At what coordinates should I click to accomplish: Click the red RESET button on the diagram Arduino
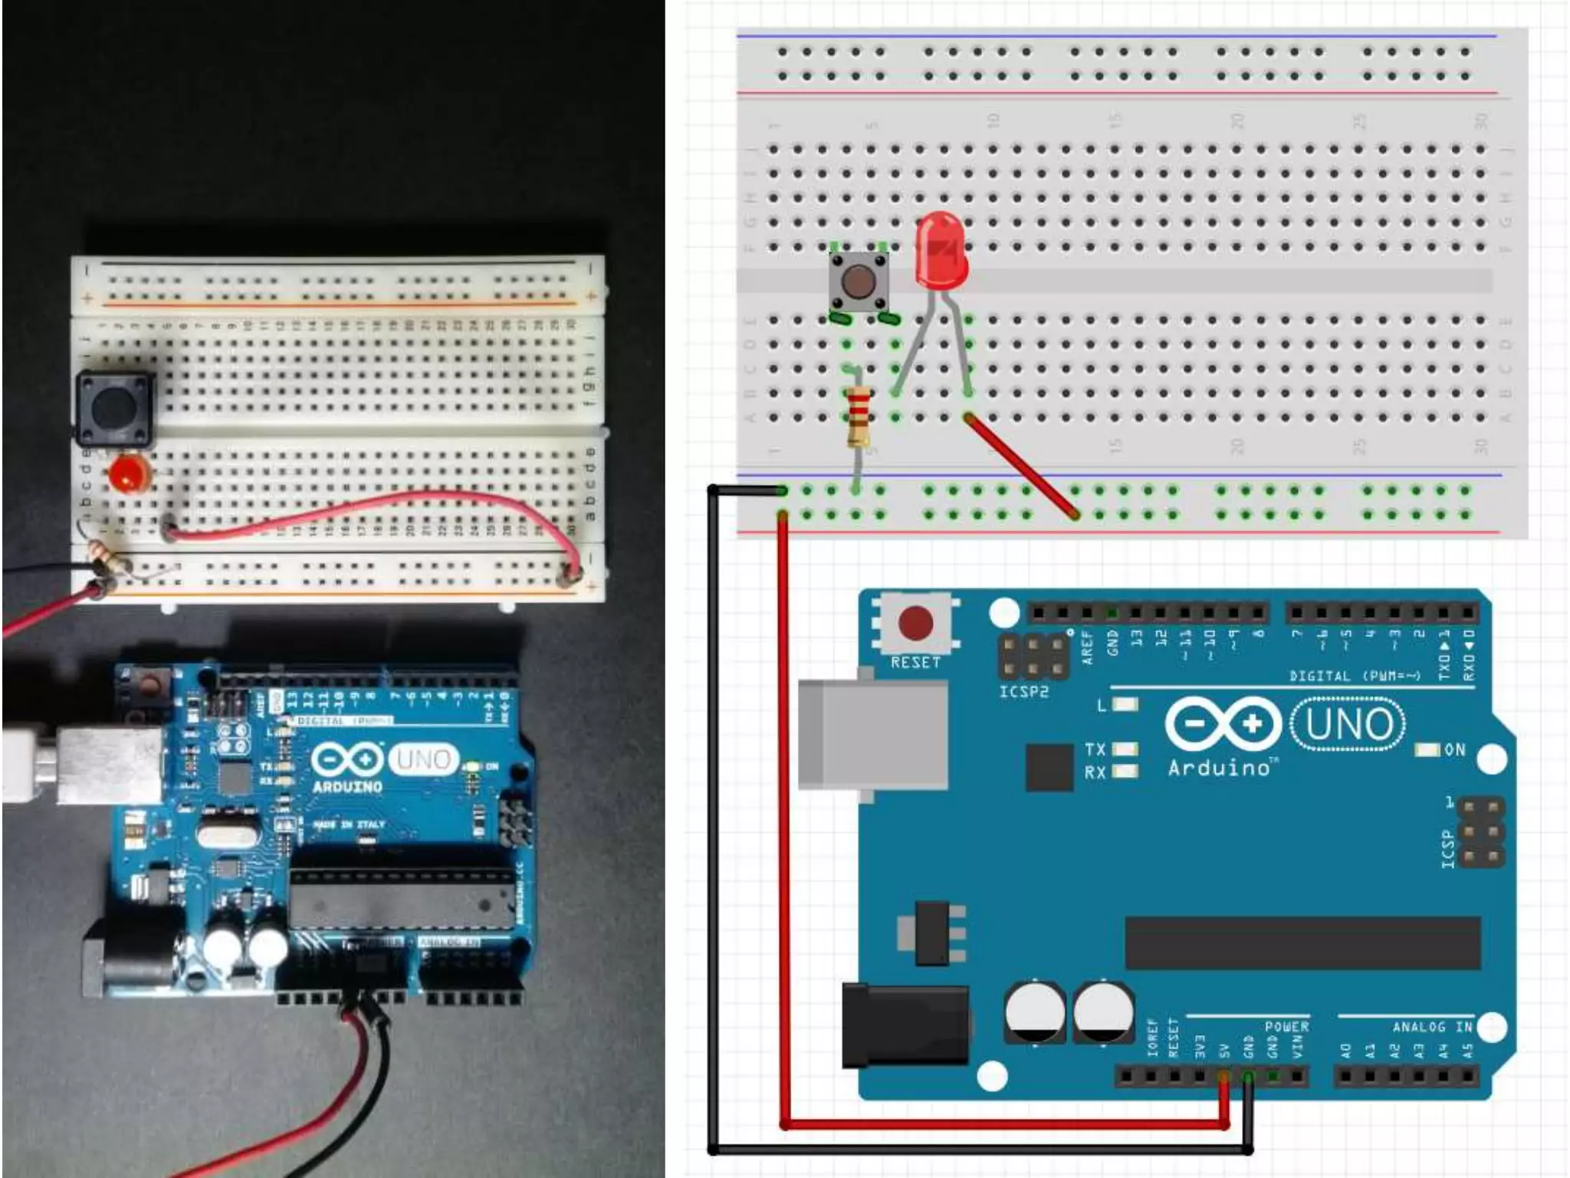[x=915, y=623]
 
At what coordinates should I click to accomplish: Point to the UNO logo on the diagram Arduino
[x=1348, y=724]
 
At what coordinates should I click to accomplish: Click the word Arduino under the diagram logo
[x=1219, y=768]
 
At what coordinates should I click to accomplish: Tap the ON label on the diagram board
[x=1454, y=749]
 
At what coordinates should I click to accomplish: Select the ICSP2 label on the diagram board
[x=1023, y=692]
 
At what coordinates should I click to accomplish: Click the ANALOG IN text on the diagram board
[x=1431, y=1026]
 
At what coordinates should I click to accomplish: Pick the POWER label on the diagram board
[x=1286, y=1026]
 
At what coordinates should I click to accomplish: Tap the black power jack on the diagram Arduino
[x=905, y=1025]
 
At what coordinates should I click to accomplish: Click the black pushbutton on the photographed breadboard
[x=115, y=408]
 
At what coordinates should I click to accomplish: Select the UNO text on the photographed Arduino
[x=423, y=759]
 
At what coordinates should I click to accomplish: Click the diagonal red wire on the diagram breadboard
[x=1021, y=466]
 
